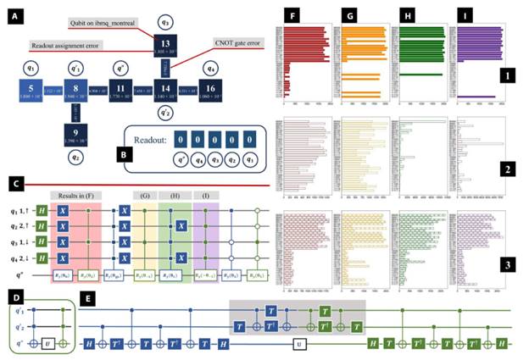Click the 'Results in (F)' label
click(75, 194)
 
